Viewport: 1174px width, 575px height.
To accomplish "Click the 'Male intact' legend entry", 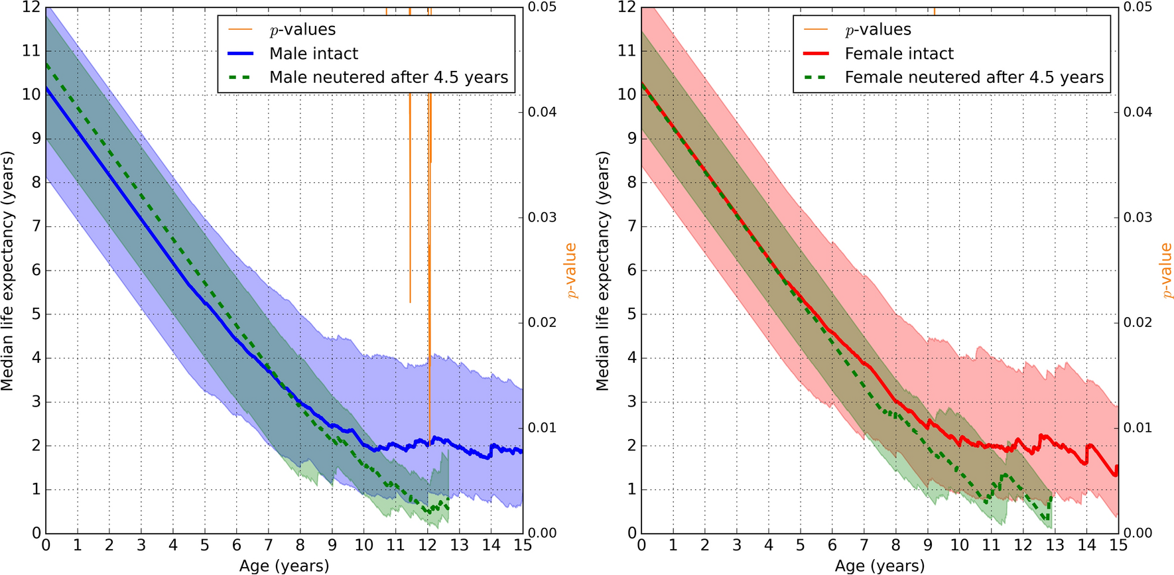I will (313, 54).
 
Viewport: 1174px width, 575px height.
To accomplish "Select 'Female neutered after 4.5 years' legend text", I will (974, 78).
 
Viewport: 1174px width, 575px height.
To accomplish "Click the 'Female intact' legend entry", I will (899, 54).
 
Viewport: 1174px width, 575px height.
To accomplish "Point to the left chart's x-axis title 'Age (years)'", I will (284, 566).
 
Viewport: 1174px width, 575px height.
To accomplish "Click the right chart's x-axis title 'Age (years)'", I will (880, 566).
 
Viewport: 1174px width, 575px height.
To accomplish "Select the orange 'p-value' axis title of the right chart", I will (1166, 271).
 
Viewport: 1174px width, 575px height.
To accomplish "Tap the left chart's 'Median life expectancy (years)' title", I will (7, 271).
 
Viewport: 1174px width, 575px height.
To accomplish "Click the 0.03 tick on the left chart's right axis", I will (542, 218).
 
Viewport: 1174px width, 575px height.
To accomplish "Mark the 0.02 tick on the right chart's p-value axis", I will (1138, 322).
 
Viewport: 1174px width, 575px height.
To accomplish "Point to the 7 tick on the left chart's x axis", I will (269, 546).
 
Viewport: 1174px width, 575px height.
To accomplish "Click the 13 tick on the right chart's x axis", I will (1055, 546).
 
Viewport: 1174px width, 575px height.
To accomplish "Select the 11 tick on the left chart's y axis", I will (31, 50).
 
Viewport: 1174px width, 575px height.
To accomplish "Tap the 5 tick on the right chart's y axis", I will (631, 314).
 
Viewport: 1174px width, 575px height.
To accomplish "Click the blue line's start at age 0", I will (46, 87).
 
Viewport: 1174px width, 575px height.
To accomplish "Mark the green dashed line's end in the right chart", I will (1051, 497).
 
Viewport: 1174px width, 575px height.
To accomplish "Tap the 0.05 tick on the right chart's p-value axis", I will (1138, 7).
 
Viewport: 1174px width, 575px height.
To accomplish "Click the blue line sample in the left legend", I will (240, 54).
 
